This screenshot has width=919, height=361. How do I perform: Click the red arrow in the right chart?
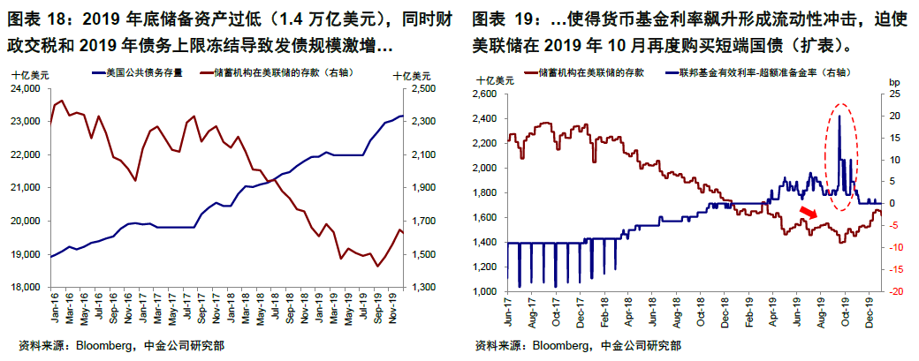click(x=807, y=214)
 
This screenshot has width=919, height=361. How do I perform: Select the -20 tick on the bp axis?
click(x=893, y=291)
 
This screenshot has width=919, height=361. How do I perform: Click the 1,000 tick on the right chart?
click(x=486, y=291)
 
